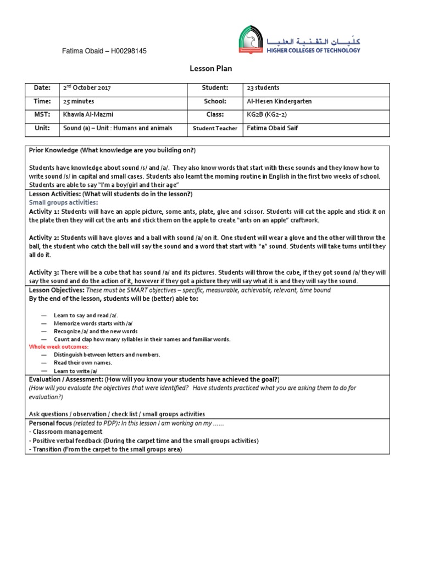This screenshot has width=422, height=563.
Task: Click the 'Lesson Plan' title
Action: coord(210,69)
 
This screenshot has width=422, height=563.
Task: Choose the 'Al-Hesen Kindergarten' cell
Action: coord(279,101)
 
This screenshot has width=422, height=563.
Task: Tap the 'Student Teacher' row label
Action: coord(214,129)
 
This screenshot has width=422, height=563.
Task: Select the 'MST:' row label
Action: coord(41,114)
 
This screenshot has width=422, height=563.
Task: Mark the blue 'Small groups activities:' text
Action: coord(63,202)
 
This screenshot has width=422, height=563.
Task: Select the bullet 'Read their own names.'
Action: coord(82,362)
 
